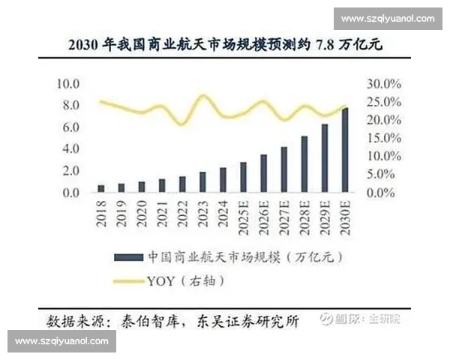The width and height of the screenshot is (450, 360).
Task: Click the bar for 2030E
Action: tap(345, 151)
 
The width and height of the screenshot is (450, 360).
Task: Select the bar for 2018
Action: tap(101, 188)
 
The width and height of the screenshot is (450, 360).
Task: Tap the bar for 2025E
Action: tap(243, 178)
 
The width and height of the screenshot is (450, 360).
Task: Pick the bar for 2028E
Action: tap(304, 164)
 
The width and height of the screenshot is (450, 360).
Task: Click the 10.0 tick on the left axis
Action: tap(69, 83)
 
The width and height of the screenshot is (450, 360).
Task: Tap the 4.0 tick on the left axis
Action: tap(71, 149)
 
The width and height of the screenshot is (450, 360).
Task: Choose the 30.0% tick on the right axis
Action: tap(384, 83)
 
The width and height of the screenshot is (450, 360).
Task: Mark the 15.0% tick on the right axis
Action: tap(384, 138)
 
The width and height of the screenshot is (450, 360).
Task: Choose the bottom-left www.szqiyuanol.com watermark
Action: tap(62, 341)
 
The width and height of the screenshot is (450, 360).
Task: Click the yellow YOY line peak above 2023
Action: tap(202, 96)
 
